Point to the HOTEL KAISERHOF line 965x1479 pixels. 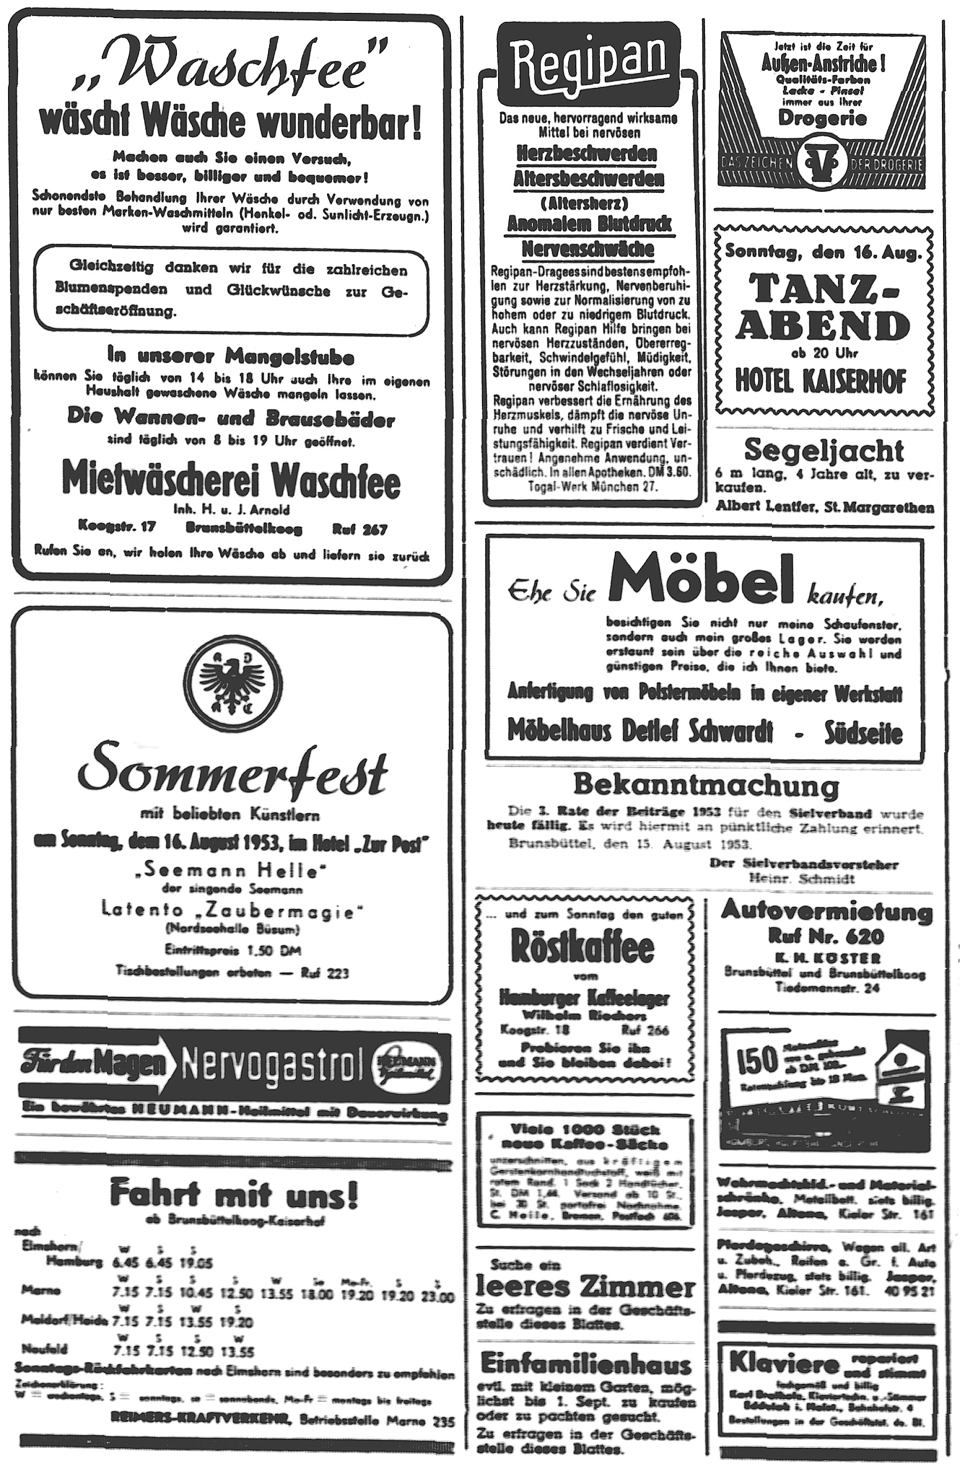click(x=821, y=380)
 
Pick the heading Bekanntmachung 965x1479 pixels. click(x=705, y=785)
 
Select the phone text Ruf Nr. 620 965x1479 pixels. click(x=826, y=936)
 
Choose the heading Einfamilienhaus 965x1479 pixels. click(x=587, y=1364)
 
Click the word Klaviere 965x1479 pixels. click(x=784, y=1363)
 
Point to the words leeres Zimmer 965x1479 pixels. click(x=585, y=1286)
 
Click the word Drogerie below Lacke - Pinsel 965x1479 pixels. click(x=822, y=118)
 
